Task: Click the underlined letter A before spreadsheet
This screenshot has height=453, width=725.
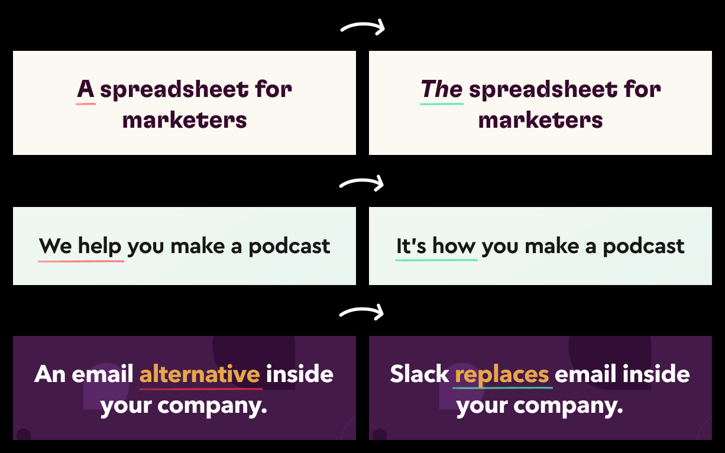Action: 86,89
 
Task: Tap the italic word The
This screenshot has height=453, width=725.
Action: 442,89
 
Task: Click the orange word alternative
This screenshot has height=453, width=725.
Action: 200,374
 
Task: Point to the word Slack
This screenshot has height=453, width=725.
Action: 419,374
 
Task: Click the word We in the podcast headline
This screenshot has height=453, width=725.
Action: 56,246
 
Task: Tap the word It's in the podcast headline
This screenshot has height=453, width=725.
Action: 411,246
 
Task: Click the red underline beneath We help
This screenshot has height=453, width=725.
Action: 81,261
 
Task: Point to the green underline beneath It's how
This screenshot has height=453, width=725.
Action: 436,260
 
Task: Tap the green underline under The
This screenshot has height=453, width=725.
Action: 442,104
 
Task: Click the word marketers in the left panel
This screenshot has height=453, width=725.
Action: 185,121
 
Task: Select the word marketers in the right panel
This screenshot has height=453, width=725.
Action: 540,121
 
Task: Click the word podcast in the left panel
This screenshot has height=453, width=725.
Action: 289,246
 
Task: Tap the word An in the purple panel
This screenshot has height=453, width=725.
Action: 50,374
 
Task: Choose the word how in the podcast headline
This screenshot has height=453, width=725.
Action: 454,246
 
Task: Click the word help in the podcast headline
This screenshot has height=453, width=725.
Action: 100,247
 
